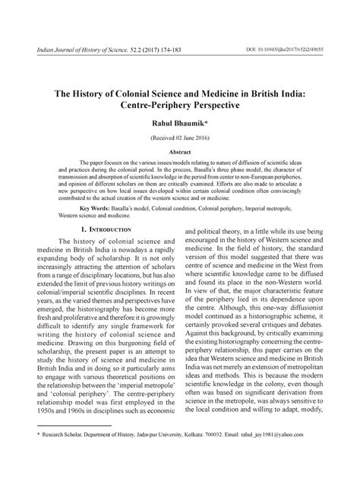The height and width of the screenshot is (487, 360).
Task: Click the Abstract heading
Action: click(180, 152)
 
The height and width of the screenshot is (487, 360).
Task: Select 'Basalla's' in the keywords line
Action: click(119, 207)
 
